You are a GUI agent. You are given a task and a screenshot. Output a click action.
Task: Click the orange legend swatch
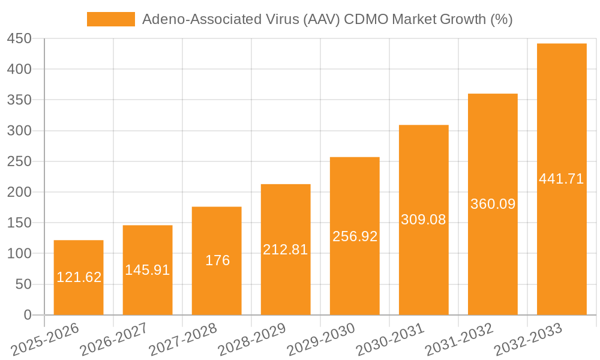[111, 19]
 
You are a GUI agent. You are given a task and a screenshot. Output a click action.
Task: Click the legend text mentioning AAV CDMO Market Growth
[327, 19]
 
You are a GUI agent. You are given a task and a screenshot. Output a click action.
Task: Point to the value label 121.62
[79, 277]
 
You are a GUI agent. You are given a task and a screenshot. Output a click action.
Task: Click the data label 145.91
[148, 270]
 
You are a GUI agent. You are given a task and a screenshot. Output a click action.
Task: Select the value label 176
[217, 260]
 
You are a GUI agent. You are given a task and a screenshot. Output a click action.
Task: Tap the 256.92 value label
[355, 236]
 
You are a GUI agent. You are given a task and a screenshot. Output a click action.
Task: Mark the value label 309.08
[424, 220]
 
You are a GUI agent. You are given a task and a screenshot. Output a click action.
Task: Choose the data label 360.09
[493, 204]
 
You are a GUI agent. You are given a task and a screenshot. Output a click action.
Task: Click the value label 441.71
[562, 179]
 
